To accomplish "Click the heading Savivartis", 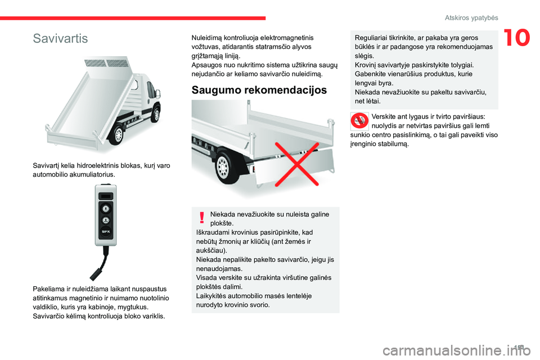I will pos(60,39).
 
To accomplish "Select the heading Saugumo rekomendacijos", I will pos(259,89).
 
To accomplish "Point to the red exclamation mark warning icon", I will pos(201,218).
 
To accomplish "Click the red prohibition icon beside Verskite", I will pos(359,121).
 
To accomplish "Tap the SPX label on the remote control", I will pos(105,231).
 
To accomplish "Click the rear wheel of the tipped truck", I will pos(119,136).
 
